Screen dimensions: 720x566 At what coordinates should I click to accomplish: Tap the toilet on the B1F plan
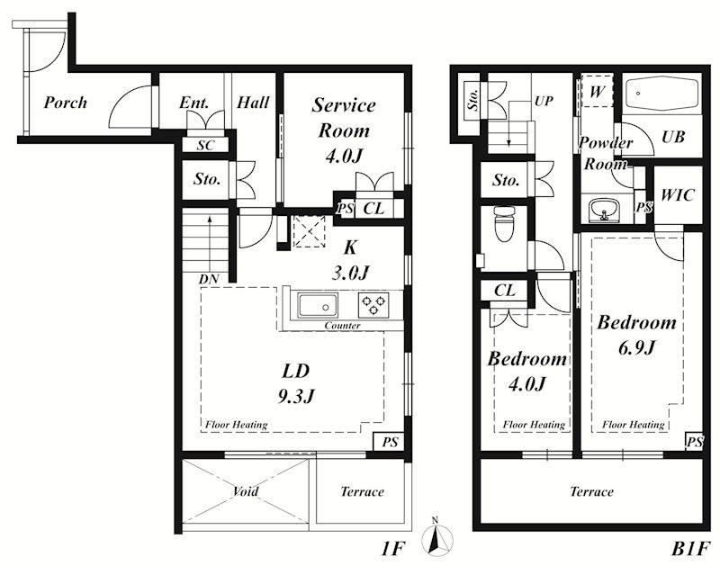tap(504, 223)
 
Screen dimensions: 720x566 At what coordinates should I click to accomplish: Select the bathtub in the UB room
tap(662, 94)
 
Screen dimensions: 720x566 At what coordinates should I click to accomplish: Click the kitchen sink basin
tap(318, 306)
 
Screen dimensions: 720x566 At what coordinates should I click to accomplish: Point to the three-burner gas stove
tap(373, 304)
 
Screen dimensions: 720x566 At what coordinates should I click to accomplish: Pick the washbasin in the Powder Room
tap(604, 211)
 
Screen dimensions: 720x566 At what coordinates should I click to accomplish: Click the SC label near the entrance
tap(205, 145)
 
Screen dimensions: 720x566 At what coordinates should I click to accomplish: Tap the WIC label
tap(678, 195)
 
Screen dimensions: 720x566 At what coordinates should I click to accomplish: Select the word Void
tap(245, 491)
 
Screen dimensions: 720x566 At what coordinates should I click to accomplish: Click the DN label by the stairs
tap(209, 279)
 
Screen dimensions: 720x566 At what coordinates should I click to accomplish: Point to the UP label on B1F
tap(544, 101)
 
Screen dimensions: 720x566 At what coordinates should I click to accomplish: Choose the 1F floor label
tap(392, 549)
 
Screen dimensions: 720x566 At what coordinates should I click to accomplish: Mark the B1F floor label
tap(690, 549)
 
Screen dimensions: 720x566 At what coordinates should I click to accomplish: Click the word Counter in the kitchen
tap(342, 326)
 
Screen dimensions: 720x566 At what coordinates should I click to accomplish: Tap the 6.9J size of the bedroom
tap(636, 348)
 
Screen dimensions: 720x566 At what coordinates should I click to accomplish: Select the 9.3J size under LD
tap(296, 396)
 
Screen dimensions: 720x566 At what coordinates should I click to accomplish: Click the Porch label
tap(65, 103)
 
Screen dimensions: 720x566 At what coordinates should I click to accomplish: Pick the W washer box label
tap(597, 92)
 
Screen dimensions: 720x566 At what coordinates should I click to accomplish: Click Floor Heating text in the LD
tap(236, 425)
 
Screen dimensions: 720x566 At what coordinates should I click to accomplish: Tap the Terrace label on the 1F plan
tap(362, 491)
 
